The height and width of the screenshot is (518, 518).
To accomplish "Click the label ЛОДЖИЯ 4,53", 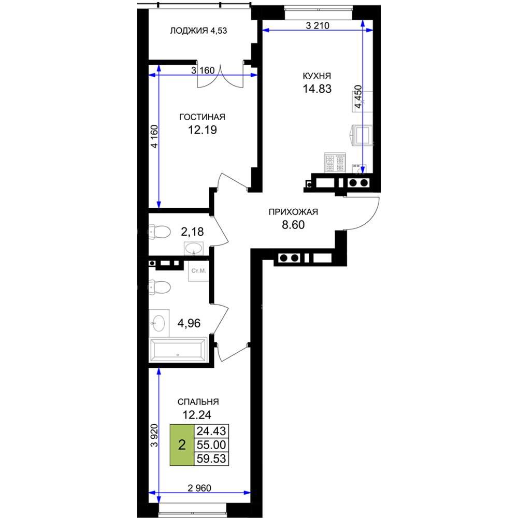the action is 198,31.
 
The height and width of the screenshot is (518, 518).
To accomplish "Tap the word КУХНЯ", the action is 317,76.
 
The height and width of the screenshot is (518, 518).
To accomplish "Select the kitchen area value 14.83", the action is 317,89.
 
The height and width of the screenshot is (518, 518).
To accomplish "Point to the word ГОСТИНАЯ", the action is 202,117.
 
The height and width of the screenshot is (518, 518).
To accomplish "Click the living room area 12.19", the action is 203,130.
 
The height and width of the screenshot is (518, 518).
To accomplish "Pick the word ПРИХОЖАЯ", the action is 293,212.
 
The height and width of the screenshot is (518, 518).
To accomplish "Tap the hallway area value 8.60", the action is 293,225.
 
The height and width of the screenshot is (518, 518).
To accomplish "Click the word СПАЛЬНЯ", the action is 198,402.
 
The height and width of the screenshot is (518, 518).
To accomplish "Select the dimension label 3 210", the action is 318,25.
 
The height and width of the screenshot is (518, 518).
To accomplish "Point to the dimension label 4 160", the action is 154,136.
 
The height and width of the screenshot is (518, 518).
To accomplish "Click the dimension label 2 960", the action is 199,487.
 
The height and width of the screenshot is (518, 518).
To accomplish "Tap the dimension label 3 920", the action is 154,436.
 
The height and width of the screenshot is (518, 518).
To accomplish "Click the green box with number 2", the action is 182,445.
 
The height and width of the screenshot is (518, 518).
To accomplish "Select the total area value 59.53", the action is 211,458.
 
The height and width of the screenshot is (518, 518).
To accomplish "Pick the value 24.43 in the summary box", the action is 211,431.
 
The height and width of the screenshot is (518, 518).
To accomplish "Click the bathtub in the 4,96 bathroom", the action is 178,350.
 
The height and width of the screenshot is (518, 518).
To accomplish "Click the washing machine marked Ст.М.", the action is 198,271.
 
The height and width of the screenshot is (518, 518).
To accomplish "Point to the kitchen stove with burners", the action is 335,163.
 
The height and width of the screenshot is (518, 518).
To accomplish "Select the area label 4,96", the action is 189,323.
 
